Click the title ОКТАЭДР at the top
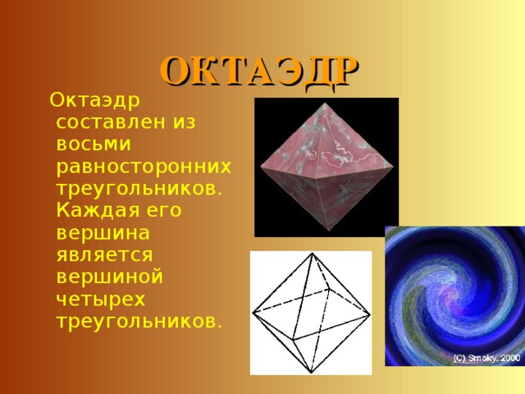coord(259,71)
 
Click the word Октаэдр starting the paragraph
coord(94,101)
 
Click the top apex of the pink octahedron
coord(324,106)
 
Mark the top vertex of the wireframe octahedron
coord(310,254)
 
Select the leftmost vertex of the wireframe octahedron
coord(253,313)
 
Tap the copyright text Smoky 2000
coord(487,359)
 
